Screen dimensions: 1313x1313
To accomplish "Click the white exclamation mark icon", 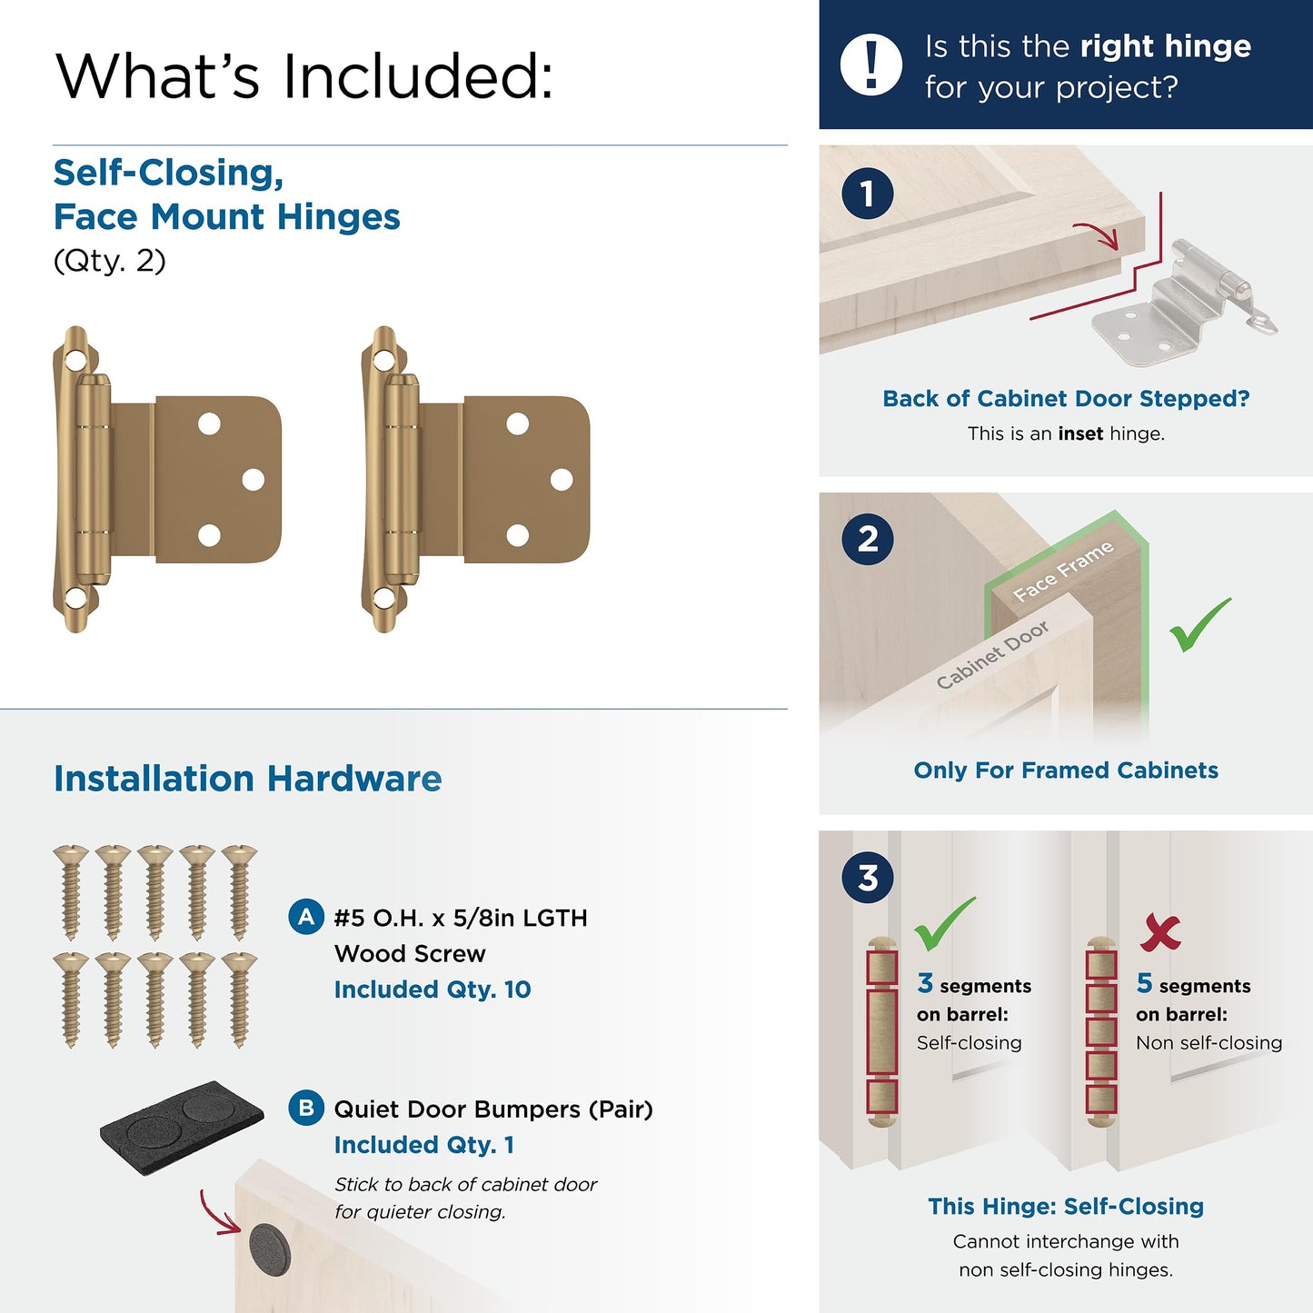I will click(871, 65).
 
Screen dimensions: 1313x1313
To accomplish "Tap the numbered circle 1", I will click(867, 194).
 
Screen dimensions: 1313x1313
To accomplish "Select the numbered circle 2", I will click(867, 539).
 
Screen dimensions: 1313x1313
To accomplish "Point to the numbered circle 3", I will click(867, 878).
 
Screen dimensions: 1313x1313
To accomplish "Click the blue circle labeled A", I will click(306, 917).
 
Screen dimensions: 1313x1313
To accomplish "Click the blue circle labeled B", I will click(306, 1108).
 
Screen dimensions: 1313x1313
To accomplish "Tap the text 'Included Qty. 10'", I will click(433, 990).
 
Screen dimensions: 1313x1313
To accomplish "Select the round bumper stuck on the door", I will click(269, 1248).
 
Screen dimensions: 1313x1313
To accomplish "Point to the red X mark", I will click(1160, 931).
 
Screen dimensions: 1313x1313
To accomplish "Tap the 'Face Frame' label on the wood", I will click(1063, 572).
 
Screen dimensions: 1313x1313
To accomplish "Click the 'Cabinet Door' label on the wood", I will click(992, 654).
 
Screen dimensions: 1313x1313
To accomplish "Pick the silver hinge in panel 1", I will click(1181, 304).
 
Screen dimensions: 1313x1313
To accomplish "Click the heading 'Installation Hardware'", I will click(247, 779).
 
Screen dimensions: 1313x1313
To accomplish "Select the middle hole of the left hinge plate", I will click(254, 480).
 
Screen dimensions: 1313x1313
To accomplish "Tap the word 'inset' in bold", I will click(1080, 433).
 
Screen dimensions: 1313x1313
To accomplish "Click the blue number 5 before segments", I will click(1144, 983).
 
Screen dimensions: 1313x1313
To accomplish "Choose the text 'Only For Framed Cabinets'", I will click(1066, 771).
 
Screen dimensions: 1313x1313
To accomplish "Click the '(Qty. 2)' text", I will click(110, 261).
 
